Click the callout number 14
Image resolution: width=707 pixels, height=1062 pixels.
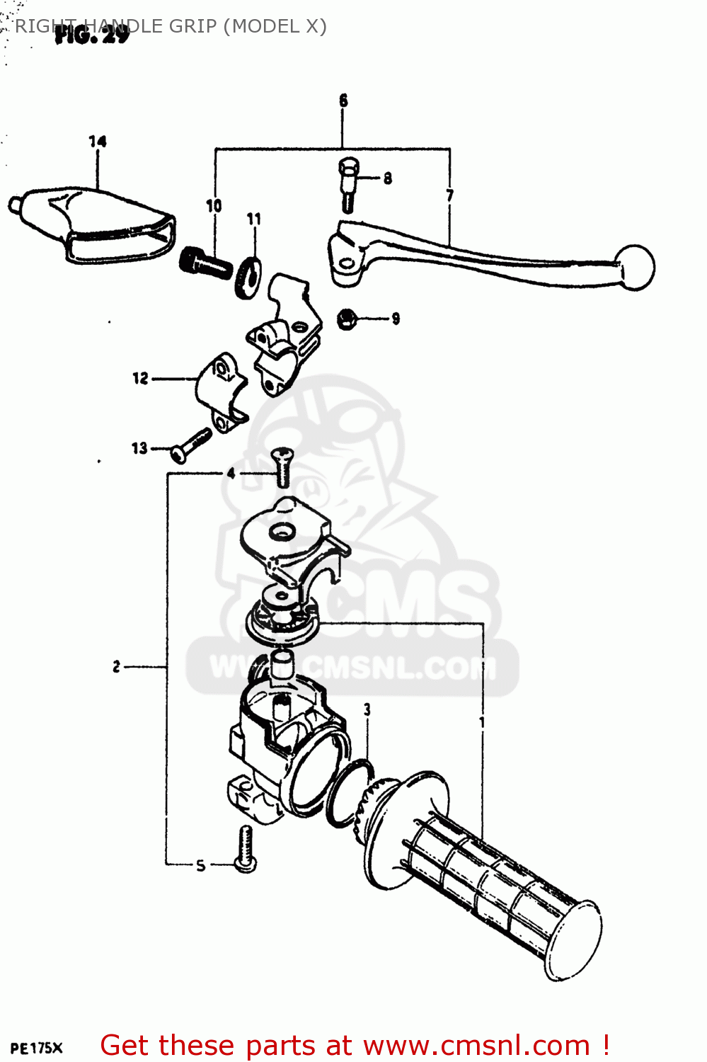click(98, 142)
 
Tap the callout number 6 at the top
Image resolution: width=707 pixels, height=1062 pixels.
click(343, 101)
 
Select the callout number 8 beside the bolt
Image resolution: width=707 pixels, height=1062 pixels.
click(388, 178)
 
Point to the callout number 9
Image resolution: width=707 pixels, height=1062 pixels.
click(396, 319)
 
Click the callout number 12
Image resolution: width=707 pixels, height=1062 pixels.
click(140, 378)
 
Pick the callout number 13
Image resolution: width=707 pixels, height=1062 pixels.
click(139, 448)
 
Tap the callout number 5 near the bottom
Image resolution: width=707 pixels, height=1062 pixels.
click(200, 865)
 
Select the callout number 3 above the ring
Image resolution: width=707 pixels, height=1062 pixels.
click(367, 709)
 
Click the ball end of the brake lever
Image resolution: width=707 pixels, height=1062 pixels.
click(636, 268)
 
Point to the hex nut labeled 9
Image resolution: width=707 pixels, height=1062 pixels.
click(346, 319)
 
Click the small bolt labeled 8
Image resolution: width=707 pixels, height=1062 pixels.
click(349, 183)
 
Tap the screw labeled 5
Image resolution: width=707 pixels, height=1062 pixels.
click(246, 850)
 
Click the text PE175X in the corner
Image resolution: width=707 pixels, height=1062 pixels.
click(37, 1049)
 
